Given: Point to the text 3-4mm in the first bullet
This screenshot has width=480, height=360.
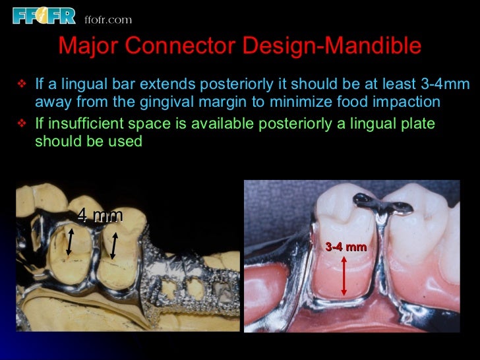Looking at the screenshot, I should pyautogui.click(x=444, y=84).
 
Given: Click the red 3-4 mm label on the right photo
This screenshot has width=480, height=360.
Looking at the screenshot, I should pyautogui.click(x=345, y=247).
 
